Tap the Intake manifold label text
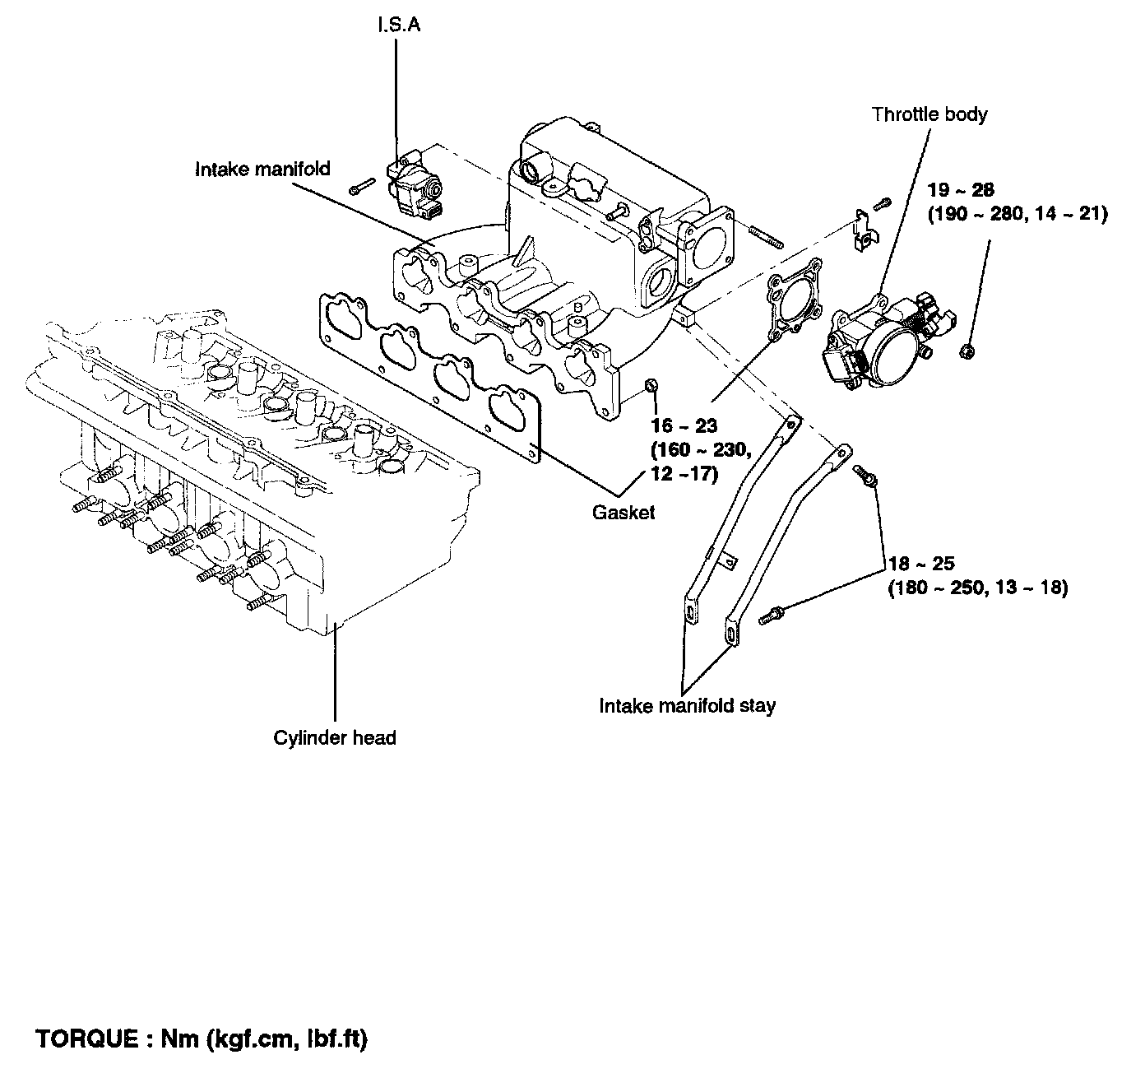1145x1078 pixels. tap(262, 169)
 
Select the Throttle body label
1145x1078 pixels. tap(929, 114)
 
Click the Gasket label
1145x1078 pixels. tap(623, 512)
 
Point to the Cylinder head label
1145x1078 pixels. tap(335, 737)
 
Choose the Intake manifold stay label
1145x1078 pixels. tap(687, 705)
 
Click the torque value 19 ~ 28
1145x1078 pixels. tap(961, 190)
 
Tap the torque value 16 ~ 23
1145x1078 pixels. tap(684, 425)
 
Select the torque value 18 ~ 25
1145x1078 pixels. tap(921, 564)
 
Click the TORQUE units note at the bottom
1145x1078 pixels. tap(202, 1039)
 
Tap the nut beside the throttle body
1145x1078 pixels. tap(968, 351)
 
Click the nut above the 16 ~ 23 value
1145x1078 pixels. tap(651, 385)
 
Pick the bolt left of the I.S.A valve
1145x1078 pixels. tap(362, 186)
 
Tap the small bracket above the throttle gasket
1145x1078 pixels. tap(865, 230)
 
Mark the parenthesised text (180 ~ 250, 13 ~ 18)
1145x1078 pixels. tap(978, 588)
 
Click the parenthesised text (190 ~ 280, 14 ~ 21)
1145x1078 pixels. tap(1018, 214)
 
